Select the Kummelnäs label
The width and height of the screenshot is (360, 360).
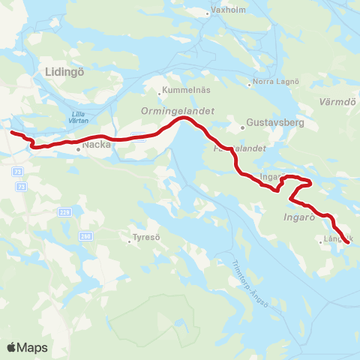[184, 91]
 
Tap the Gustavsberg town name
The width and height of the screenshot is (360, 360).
[274, 121]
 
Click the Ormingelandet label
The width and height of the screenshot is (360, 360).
[177, 110]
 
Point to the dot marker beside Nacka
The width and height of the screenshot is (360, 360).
[79, 148]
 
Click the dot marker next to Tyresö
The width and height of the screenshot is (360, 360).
[128, 240]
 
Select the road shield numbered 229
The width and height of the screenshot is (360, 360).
[67, 211]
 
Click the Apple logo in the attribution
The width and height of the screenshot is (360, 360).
[12, 347]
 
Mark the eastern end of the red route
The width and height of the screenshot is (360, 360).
[347, 241]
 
